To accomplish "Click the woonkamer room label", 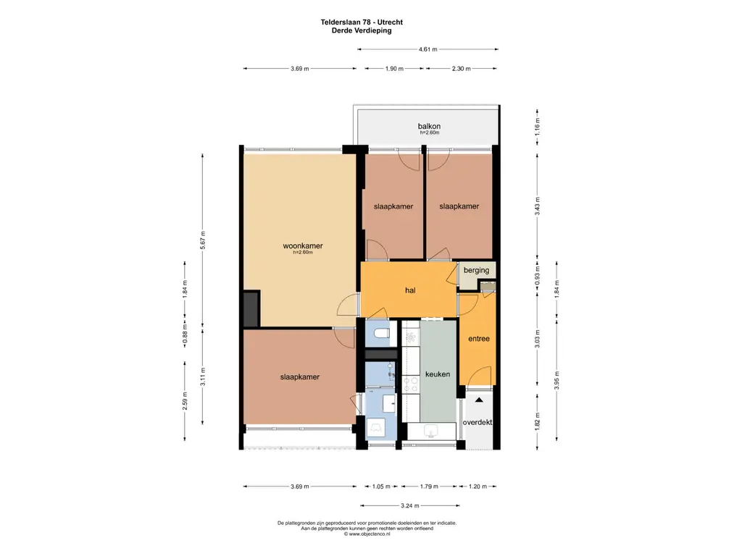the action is point(303,246).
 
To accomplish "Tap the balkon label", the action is point(429,126).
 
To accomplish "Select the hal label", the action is point(410,290).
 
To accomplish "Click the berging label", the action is point(477,271).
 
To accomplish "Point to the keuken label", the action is point(438,374).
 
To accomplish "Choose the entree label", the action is point(479,339).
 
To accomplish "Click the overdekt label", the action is point(478,422).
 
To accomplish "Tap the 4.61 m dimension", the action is point(428,49).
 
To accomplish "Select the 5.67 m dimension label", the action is point(203,240).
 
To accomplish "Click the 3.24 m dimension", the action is point(410,505).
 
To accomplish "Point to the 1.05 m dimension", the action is point(381,486).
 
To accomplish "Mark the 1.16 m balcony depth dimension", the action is point(537,126).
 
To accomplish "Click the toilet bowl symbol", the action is point(381,333).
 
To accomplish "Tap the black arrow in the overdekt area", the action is point(479,400).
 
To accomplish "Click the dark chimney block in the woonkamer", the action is point(251,308).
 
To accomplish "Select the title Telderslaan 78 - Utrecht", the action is point(362,22).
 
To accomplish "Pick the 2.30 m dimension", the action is point(461,69).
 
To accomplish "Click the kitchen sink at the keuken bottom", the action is point(431,431).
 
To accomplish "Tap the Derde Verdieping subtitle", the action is point(362,30).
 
